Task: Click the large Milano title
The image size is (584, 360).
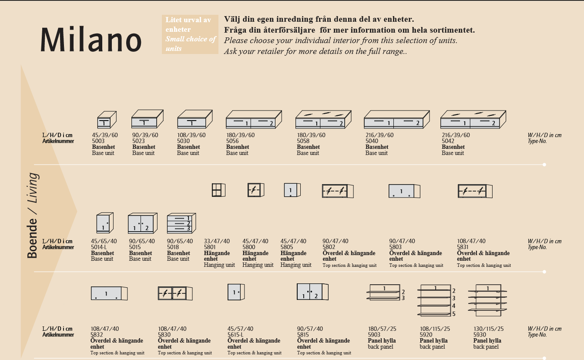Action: (91, 39)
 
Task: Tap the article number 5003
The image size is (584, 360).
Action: (98, 141)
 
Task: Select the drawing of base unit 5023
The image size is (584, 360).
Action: (147, 119)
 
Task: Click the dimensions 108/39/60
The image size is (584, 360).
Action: (191, 135)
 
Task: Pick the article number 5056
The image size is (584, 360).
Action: (232, 141)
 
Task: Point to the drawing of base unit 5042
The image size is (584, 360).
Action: (473, 119)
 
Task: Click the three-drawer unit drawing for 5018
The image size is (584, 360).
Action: (181, 223)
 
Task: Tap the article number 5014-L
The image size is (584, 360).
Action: (99, 247)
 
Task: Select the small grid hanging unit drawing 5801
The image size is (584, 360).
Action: (218, 190)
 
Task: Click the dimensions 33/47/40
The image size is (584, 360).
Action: (217, 241)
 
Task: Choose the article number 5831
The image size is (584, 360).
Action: (463, 247)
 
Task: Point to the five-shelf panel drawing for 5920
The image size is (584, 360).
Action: (434, 300)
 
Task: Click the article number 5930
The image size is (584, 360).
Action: (480, 335)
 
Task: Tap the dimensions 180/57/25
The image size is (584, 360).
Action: (382, 329)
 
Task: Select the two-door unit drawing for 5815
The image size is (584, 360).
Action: (312, 292)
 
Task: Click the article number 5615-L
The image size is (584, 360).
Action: (235, 335)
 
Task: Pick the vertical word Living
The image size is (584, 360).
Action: (33, 188)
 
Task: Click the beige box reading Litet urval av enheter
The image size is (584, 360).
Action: (190, 34)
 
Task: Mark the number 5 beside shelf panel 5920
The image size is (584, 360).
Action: (453, 314)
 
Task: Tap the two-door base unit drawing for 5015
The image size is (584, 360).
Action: (143, 223)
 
